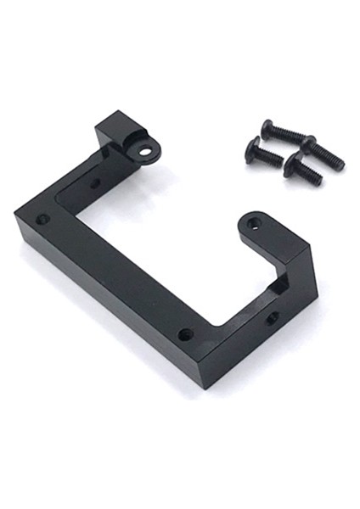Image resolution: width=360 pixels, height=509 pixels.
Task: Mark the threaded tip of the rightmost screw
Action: tap(339, 162)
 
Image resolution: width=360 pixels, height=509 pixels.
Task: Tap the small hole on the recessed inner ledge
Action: tap(94, 182)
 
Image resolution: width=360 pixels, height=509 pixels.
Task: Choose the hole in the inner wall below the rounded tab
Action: tap(272, 318)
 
